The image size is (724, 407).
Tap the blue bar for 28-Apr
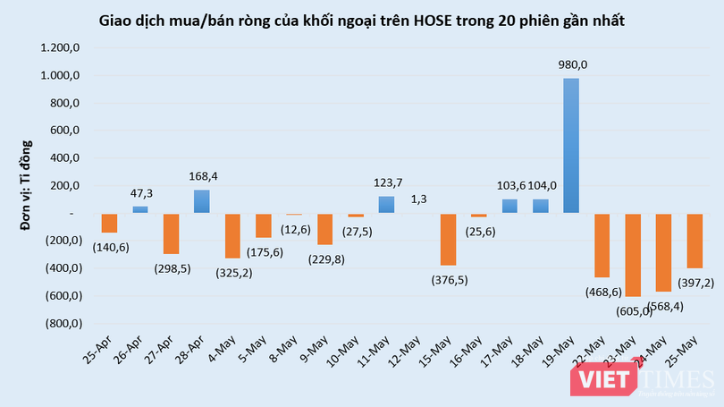[202, 201]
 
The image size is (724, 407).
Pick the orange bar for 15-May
[447, 240]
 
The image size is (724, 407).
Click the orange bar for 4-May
[232, 236]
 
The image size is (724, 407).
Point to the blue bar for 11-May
[386, 205]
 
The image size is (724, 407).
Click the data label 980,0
[571, 64]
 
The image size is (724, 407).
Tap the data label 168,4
[202, 176]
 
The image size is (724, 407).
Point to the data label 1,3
[418, 199]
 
